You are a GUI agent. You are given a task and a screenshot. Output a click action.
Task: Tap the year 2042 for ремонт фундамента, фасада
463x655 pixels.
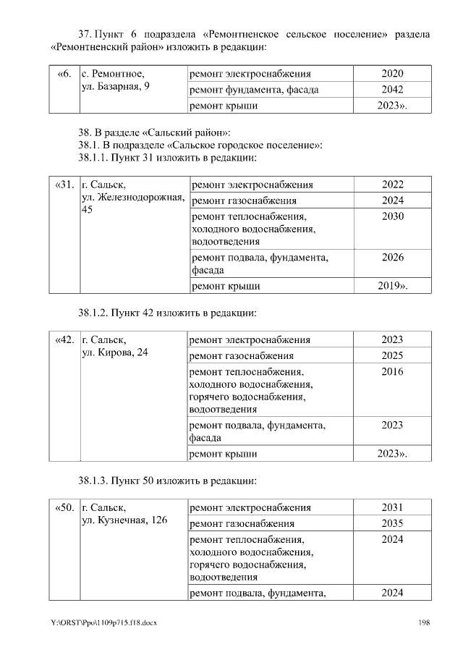(x=392, y=90)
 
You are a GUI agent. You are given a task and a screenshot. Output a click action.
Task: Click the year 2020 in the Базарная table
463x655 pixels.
(x=392, y=74)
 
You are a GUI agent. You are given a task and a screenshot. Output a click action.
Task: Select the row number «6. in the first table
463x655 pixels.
(x=64, y=74)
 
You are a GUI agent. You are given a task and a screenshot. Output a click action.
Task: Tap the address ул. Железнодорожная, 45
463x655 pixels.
(x=132, y=197)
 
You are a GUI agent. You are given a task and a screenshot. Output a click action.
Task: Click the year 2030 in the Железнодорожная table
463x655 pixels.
(x=392, y=216)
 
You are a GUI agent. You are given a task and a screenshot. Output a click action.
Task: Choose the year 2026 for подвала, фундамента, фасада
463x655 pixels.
(x=392, y=257)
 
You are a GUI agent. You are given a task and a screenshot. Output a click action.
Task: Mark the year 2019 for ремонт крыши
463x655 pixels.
(x=392, y=286)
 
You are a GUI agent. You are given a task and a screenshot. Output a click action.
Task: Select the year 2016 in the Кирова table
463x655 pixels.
(x=392, y=372)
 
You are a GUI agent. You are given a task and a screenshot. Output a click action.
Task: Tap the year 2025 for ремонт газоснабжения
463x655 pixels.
(x=392, y=356)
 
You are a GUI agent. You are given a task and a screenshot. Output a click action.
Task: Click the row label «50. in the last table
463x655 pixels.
(x=64, y=507)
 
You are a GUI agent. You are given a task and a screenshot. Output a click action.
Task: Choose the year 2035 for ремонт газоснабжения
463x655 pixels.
(x=392, y=523)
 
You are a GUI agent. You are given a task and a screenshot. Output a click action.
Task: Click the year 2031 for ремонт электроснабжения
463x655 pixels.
(x=392, y=507)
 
